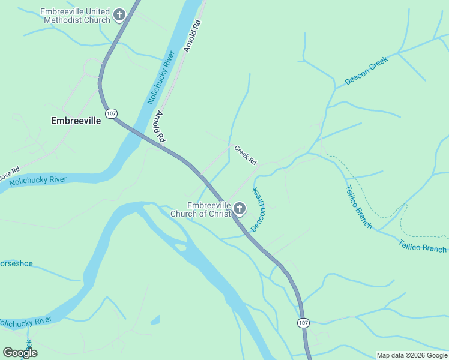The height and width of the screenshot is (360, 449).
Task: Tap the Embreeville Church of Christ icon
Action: pyautogui.click(x=240, y=209)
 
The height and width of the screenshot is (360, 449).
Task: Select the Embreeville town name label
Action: pyautogui.click(x=76, y=121)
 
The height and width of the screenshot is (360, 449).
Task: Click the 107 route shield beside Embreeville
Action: pyautogui.click(x=110, y=113)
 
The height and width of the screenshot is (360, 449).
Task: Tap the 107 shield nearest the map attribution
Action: pyautogui.click(x=303, y=323)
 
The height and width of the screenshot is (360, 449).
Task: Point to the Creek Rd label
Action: pyautogui.click(x=245, y=155)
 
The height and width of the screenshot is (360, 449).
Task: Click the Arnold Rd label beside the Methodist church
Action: pyautogui.click(x=192, y=36)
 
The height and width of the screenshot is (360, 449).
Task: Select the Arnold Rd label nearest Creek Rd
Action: pyautogui.click(x=160, y=127)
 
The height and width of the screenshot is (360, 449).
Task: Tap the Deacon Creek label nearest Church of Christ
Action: pyautogui.click(x=259, y=210)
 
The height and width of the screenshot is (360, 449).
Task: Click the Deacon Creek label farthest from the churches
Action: pyautogui.click(x=366, y=71)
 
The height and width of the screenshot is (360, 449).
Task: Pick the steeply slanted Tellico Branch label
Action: pyautogui.click(x=358, y=207)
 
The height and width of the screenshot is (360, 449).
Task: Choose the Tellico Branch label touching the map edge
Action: pyautogui.click(x=423, y=246)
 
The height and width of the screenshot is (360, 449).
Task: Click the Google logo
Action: pyautogui.click(x=20, y=353)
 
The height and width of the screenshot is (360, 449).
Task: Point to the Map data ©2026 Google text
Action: pyautogui.click(x=411, y=355)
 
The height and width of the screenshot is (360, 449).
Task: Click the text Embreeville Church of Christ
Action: pyautogui.click(x=200, y=209)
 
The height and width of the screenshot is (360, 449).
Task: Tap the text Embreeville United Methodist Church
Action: pyautogui.click(x=76, y=16)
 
